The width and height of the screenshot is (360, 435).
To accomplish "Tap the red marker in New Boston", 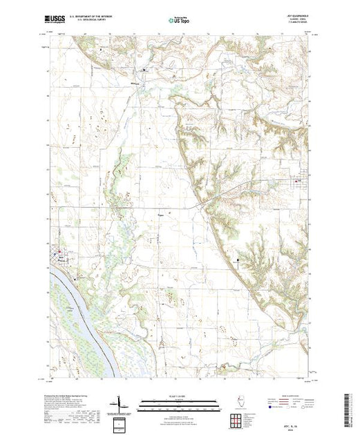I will tap(59, 251).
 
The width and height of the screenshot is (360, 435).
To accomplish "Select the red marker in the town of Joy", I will tap(300, 182).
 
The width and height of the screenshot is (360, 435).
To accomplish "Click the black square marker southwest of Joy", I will tap(238, 260).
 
